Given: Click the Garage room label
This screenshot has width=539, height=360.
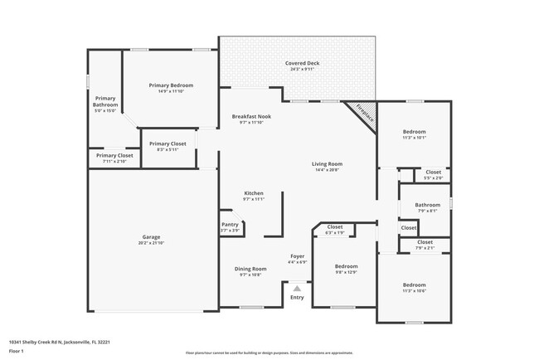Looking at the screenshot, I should click(x=150, y=236).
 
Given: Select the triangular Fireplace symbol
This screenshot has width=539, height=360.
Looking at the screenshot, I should click(x=364, y=114).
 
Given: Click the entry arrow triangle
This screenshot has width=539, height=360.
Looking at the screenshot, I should click(x=297, y=289).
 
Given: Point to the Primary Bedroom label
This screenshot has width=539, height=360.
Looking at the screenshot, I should click(x=171, y=85).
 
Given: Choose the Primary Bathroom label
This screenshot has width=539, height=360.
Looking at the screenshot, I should click(x=104, y=102).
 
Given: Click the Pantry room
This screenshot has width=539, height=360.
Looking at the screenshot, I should click(x=230, y=226).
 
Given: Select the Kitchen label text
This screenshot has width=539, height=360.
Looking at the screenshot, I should click(x=253, y=192).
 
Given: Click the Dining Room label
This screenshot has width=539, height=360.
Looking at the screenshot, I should click(x=250, y=269).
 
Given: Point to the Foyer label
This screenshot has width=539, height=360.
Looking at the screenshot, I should click(x=297, y=256).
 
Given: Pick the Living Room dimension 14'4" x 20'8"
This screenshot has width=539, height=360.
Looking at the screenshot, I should click(x=327, y=170).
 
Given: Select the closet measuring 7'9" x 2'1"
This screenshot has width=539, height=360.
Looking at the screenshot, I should click(x=425, y=246).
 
